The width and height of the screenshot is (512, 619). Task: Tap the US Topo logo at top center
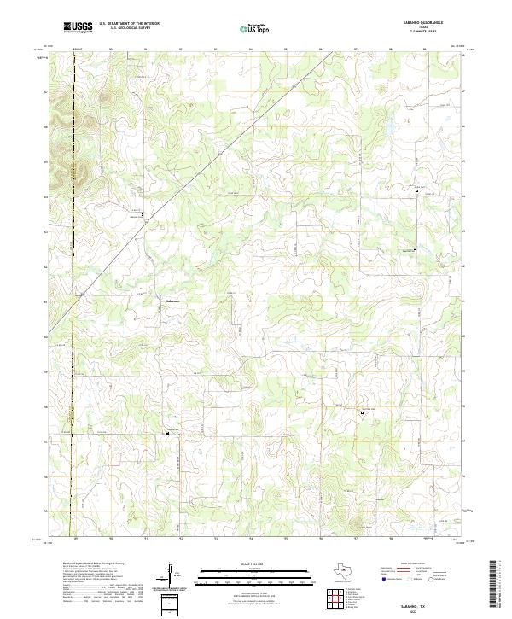[x=258, y=27]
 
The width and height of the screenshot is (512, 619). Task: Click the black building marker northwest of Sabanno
[x=143, y=213]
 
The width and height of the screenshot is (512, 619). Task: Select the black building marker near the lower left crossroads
[x=167, y=433]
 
